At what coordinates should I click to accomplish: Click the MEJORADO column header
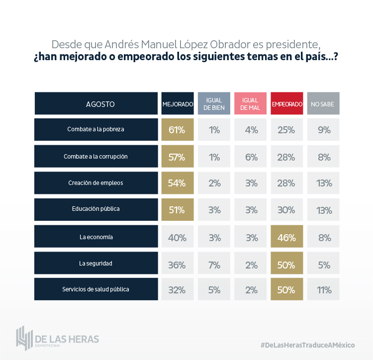coord(178,104)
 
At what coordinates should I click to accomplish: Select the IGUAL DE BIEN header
coord(214,104)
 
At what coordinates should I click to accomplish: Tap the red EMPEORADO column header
coord(287,104)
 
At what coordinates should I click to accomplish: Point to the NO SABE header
coord(323,104)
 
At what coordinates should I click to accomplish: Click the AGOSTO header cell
coord(96,104)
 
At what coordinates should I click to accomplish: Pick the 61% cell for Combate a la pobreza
coord(178,130)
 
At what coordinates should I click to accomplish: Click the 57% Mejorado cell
coord(178,157)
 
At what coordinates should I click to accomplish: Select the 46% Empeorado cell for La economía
coord(287,237)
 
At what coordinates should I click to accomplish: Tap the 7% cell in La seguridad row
coord(214,264)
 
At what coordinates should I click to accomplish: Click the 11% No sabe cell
coord(323,290)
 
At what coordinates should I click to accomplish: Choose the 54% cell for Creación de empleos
coord(178,183)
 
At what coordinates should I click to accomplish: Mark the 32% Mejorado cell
coord(178,290)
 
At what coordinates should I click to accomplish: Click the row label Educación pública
coord(96,209)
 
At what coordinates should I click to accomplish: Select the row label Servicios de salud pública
coord(96,289)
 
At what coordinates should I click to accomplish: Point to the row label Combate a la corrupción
coord(96,156)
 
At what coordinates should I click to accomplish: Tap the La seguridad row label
coord(96,263)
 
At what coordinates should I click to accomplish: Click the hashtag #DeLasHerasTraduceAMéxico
coord(308,345)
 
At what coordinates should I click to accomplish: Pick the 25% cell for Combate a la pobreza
coord(287,130)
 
